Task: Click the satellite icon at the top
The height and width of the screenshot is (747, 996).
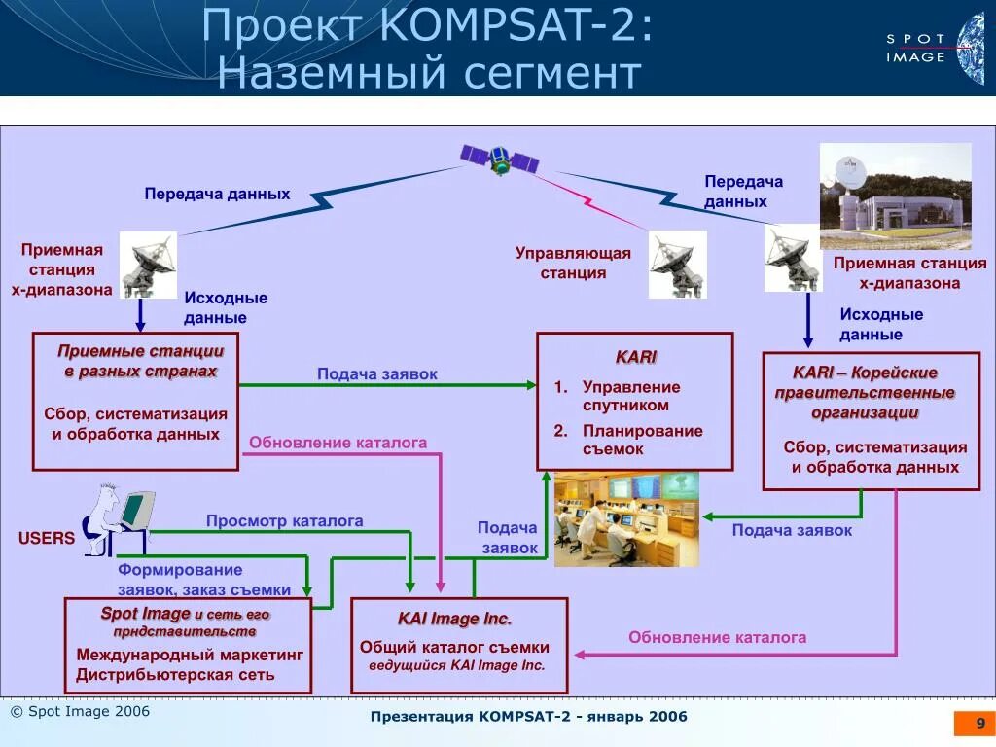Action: click(x=499, y=159)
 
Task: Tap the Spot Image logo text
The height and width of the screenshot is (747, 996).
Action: click(x=915, y=48)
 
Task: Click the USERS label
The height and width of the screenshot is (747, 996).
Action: click(x=46, y=538)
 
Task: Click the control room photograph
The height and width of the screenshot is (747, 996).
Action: click(x=626, y=519)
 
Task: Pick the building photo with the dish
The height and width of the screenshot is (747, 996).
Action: click(x=895, y=196)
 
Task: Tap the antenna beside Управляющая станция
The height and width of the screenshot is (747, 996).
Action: click(x=678, y=264)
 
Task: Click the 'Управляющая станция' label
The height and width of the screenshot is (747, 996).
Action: click(x=573, y=263)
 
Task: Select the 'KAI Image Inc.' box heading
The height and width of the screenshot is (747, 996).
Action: click(x=454, y=619)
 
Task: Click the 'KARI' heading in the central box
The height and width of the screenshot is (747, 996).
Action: click(x=636, y=357)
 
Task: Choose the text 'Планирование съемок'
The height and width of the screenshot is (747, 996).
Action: click(x=642, y=440)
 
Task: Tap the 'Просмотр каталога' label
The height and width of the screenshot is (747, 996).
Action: click(x=284, y=521)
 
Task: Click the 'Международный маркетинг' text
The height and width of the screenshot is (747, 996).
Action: click(x=190, y=655)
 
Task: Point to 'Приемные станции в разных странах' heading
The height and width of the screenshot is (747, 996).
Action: click(x=140, y=361)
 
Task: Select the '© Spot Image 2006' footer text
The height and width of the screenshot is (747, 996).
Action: click(x=80, y=712)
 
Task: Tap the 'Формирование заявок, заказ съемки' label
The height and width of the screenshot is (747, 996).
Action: click(x=203, y=580)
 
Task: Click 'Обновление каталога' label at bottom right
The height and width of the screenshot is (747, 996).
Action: click(x=717, y=637)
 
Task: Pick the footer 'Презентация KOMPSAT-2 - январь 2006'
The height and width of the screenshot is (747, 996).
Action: click(x=528, y=717)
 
